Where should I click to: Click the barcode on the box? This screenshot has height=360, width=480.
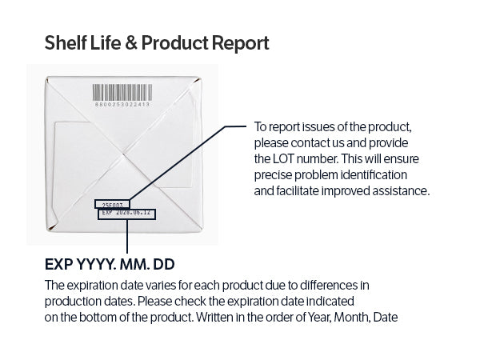pyautogui.click(x=122, y=93)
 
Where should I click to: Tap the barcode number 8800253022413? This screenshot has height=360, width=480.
pyautogui.click(x=122, y=104)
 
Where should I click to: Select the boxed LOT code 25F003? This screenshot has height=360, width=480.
pyautogui.click(x=112, y=205)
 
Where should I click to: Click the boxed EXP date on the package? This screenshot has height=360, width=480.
pyautogui.click(x=126, y=214)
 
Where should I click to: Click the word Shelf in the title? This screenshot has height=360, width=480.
pyautogui.click(x=66, y=42)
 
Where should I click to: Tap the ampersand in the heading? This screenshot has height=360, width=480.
pyautogui.click(x=130, y=43)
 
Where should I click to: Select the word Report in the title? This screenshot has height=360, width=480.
pyautogui.click(x=240, y=43)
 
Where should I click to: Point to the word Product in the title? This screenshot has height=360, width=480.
pyautogui.click(x=174, y=43)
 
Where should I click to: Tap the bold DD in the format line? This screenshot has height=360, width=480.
pyautogui.click(x=164, y=265)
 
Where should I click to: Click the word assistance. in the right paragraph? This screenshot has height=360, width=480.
pyautogui.click(x=401, y=191)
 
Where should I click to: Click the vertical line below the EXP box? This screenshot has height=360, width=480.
pyautogui.click(x=127, y=236)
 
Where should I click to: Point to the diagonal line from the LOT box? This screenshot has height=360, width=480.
pyautogui.click(x=178, y=163)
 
